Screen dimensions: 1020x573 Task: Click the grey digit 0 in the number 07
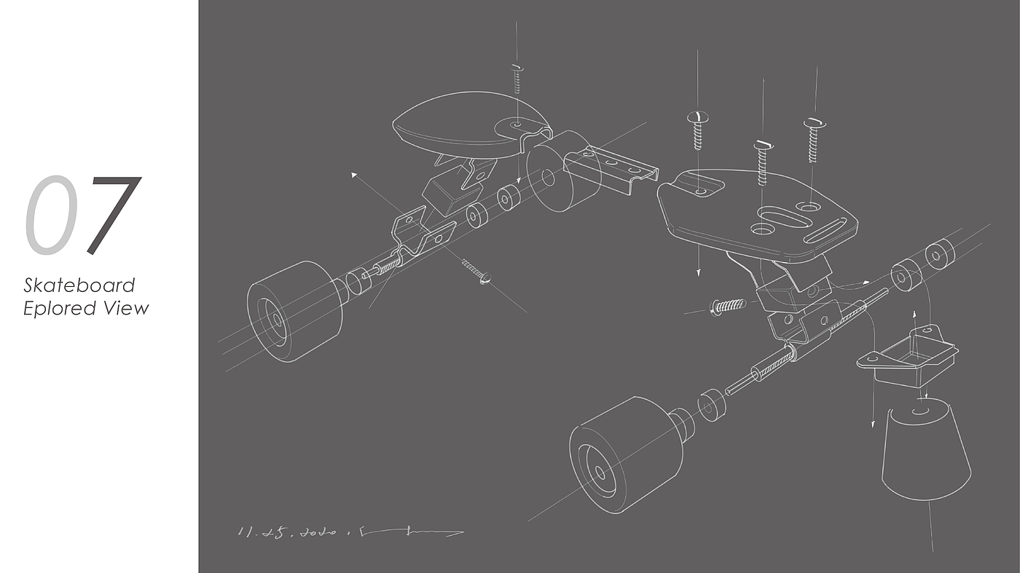tap(51, 216)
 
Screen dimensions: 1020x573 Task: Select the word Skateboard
tap(79, 285)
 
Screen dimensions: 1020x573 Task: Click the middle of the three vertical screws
tap(763, 162)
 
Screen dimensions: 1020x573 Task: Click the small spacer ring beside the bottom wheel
tap(712, 406)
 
